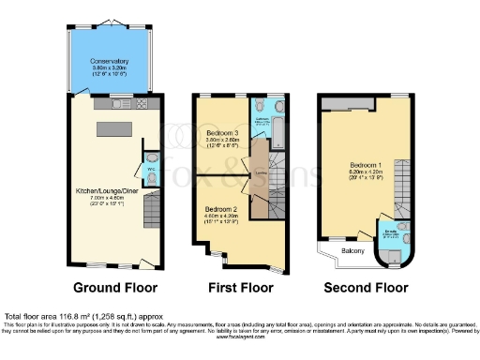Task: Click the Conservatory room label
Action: [111, 62]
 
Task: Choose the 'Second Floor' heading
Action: [366, 287]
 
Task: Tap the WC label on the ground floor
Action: [151, 170]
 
